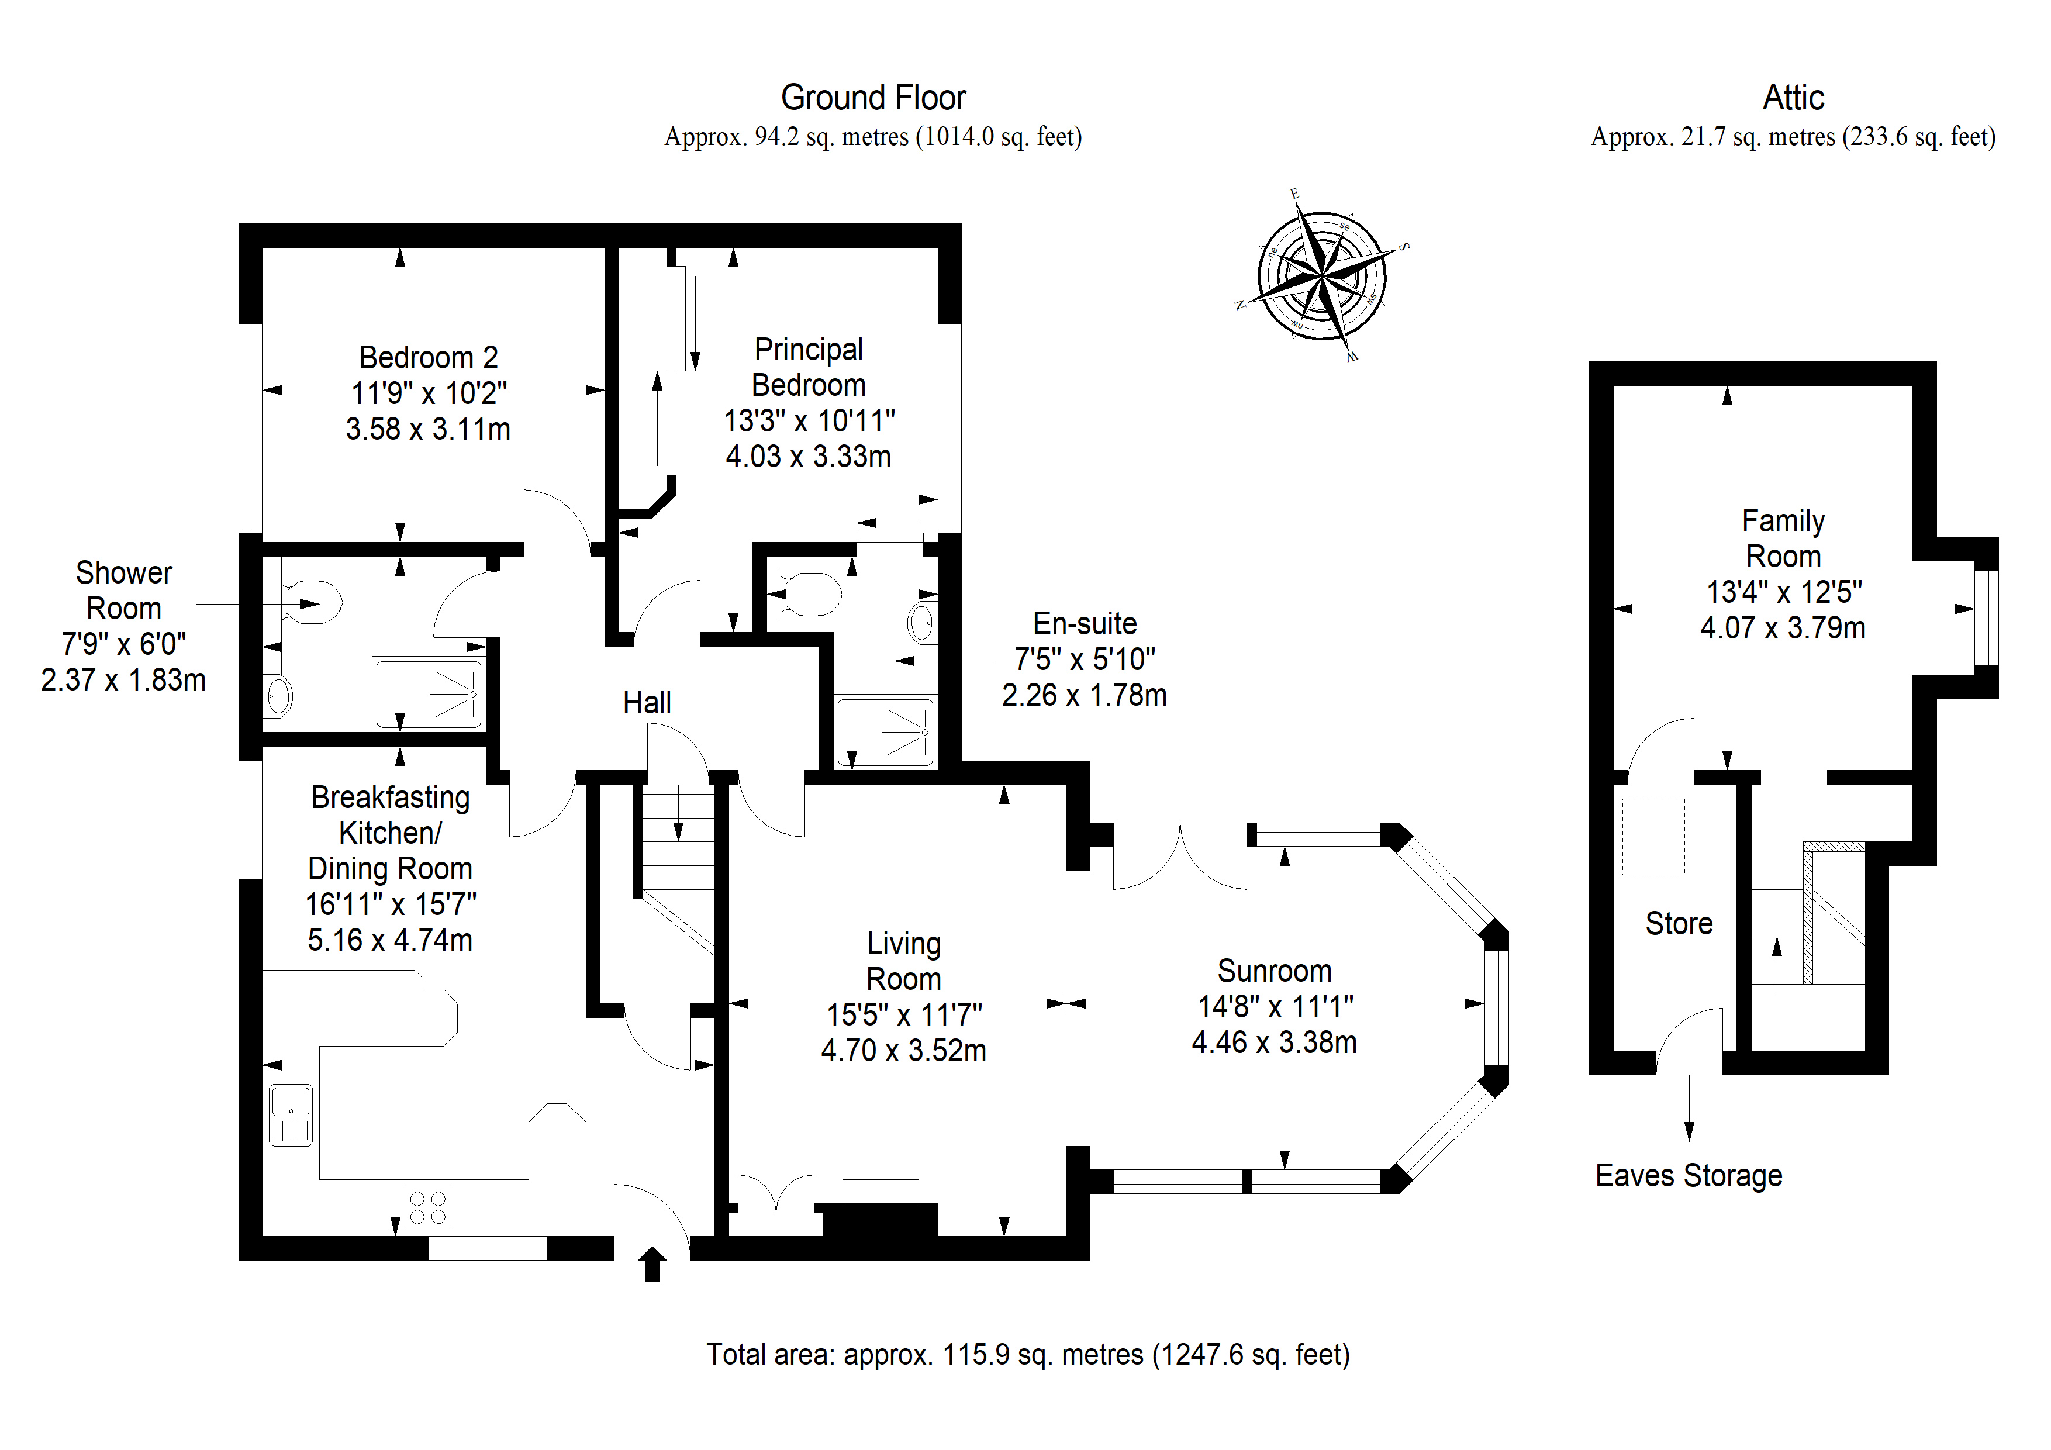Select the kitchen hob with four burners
point(428,1207)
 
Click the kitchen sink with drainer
point(291,1115)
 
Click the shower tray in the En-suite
point(885,731)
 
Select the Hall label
point(647,703)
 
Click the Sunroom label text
point(1274,971)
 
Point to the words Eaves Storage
point(1689,1176)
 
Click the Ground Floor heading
point(873,98)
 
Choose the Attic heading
point(1793,98)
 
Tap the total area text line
point(1028,1355)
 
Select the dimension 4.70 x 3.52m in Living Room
point(903,1051)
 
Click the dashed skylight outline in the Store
point(1653,836)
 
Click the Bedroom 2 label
point(428,357)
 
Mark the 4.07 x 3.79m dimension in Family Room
point(1783,628)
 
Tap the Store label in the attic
point(1679,924)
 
